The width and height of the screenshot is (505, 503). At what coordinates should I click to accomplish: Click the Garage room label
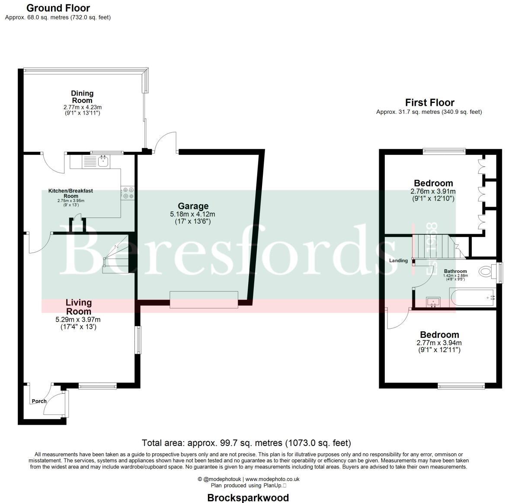coord(192,206)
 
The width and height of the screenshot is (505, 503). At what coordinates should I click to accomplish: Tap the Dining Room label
coord(82,97)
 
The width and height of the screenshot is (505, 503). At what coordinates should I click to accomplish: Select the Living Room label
coord(79,307)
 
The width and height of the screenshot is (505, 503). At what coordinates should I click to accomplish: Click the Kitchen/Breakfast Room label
coord(70,193)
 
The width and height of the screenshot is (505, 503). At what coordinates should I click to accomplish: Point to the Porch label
coord(39,401)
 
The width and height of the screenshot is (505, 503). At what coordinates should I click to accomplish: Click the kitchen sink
coord(103,162)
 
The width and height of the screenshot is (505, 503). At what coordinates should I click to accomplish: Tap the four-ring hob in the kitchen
coord(128,193)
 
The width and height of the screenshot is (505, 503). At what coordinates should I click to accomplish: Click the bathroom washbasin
coord(432,301)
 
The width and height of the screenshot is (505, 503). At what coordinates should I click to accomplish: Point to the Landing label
coord(398,260)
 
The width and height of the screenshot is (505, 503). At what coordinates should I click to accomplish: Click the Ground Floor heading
coord(58,8)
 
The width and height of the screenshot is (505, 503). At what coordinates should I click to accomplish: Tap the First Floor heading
coord(429,103)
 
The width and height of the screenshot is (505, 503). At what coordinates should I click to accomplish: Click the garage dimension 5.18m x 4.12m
coord(192,214)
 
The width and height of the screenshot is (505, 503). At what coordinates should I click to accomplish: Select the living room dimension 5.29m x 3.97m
coord(79,320)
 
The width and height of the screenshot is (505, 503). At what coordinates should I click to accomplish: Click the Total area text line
coord(246,443)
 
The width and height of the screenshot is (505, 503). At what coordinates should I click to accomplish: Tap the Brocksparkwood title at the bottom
coord(248,497)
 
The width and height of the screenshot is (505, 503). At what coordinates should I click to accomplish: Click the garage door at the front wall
coord(204,299)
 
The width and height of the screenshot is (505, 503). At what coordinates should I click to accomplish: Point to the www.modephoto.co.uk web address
coord(272,479)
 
